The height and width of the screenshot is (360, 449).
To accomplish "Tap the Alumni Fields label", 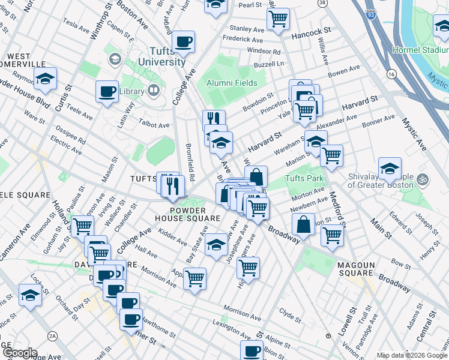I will tap(232, 83).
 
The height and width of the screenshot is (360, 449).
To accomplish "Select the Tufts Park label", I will tap(304, 178).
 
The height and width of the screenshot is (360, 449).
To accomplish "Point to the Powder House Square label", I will tap(196, 214).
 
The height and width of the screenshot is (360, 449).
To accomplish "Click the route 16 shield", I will tap(391, 74).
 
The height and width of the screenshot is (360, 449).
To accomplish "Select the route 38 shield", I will tap(323, 3).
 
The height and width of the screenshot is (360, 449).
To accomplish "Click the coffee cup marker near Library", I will tap(107, 92).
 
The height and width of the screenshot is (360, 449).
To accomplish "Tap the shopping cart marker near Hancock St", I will tap(278, 19).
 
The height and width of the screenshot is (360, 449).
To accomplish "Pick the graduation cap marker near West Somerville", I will tap(44, 79).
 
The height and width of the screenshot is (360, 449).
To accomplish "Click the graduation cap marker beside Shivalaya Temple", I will tap(390, 169).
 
